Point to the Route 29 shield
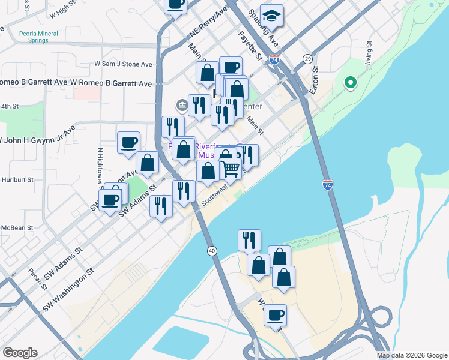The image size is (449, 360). [x=307, y=58]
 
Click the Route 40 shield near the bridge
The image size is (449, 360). [x=212, y=250]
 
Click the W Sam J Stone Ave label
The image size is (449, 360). [x=124, y=64]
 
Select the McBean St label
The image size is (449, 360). [x=17, y=227]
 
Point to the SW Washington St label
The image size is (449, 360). [x=68, y=290]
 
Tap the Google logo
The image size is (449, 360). [x=20, y=353]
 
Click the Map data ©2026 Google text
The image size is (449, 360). [x=411, y=355]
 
